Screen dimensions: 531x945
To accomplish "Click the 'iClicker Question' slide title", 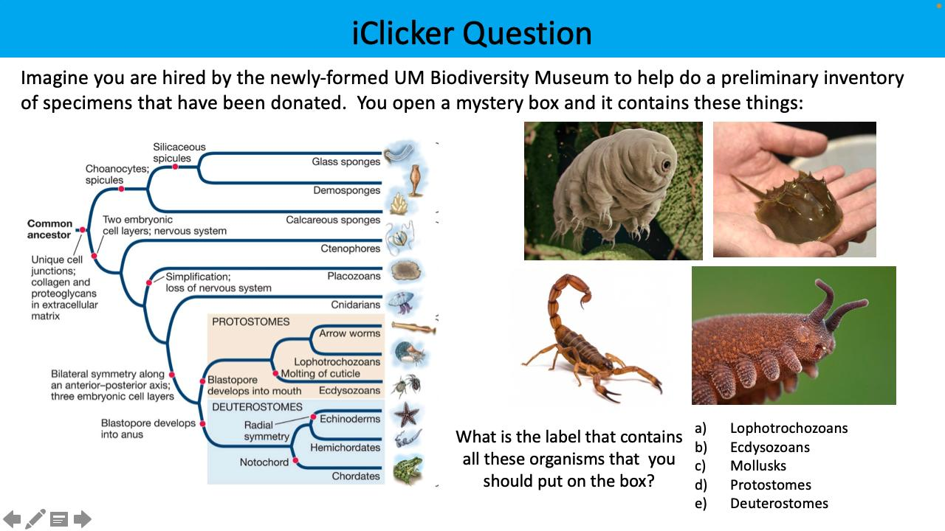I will click(x=472, y=33).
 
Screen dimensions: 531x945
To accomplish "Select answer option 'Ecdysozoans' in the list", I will click(x=769, y=447).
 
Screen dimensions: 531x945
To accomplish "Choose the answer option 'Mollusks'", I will click(x=757, y=465).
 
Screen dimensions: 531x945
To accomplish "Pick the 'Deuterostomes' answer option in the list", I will click(x=779, y=503).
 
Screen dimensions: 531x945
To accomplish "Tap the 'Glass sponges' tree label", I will click(x=346, y=162).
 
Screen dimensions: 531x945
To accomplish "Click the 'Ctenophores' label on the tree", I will click(x=351, y=249).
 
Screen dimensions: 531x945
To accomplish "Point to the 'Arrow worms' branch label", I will click(x=349, y=333).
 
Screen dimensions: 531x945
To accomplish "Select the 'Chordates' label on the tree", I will click(x=356, y=476).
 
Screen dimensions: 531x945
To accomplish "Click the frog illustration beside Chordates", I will click(x=408, y=470).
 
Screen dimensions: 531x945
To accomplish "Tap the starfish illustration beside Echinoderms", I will click(x=407, y=414).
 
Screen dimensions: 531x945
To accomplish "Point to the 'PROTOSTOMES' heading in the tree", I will click(x=250, y=322).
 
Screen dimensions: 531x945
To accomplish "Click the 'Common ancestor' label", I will click(x=50, y=229).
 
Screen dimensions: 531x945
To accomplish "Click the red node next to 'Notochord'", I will click(x=295, y=462).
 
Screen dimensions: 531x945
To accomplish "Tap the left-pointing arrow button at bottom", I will click(x=12, y=519).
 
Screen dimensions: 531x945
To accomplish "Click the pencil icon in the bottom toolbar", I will click(x=35, y=519).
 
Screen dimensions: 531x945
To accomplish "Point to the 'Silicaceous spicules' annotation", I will click(x=179, y=153).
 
